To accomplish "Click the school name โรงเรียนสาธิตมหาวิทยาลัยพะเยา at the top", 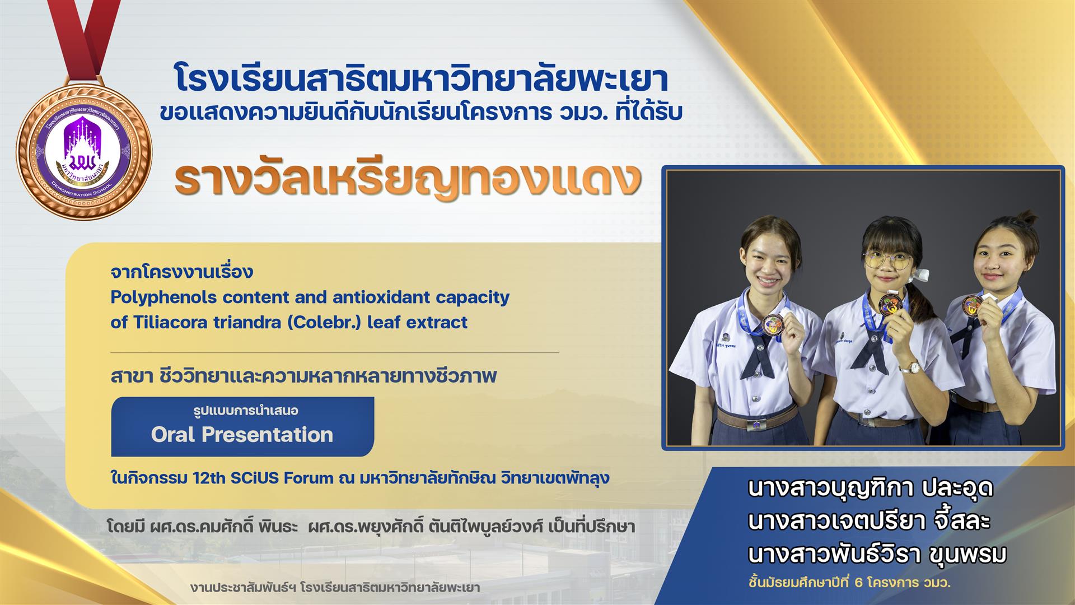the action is [421, 79].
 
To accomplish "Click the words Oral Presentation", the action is [242, 435].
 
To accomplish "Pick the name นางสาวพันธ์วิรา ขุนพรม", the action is [877, 555].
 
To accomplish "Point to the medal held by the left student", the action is [774, 325].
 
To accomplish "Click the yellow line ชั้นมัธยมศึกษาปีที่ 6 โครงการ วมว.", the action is [849, 583].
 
